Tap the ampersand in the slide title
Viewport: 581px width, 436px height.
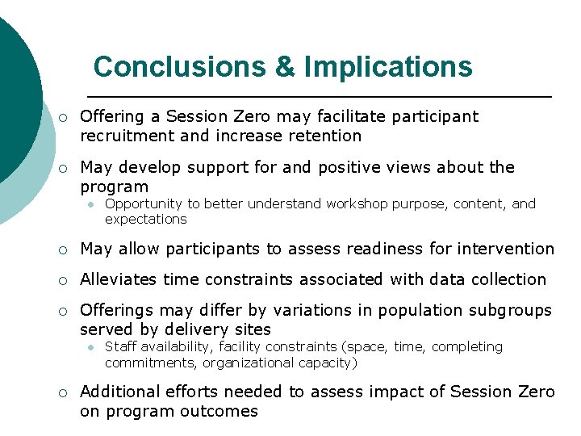coord(286,66)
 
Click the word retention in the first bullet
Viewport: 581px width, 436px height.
coord(326,136)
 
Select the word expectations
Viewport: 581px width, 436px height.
coord(145,219)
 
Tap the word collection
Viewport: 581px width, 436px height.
coord(507,279)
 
